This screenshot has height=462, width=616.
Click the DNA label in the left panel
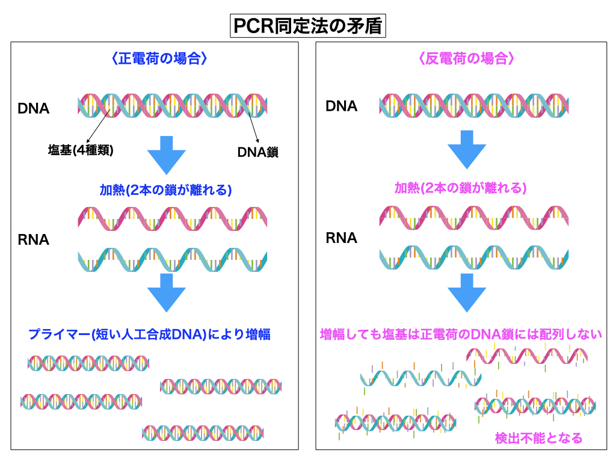coord(34,109)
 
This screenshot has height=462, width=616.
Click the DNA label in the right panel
coord(341,106)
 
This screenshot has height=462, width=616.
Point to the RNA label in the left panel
coord(34,240)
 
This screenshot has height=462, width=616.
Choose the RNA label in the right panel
coord(341,238)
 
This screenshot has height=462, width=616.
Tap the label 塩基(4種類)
coord(81,150)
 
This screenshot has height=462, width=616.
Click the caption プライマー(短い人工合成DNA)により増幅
coord(153,334)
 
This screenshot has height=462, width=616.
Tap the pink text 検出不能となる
coord(538,438)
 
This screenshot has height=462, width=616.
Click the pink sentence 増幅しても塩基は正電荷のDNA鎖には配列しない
coord(461,334)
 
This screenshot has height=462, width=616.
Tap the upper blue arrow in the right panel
coord(467,153)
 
